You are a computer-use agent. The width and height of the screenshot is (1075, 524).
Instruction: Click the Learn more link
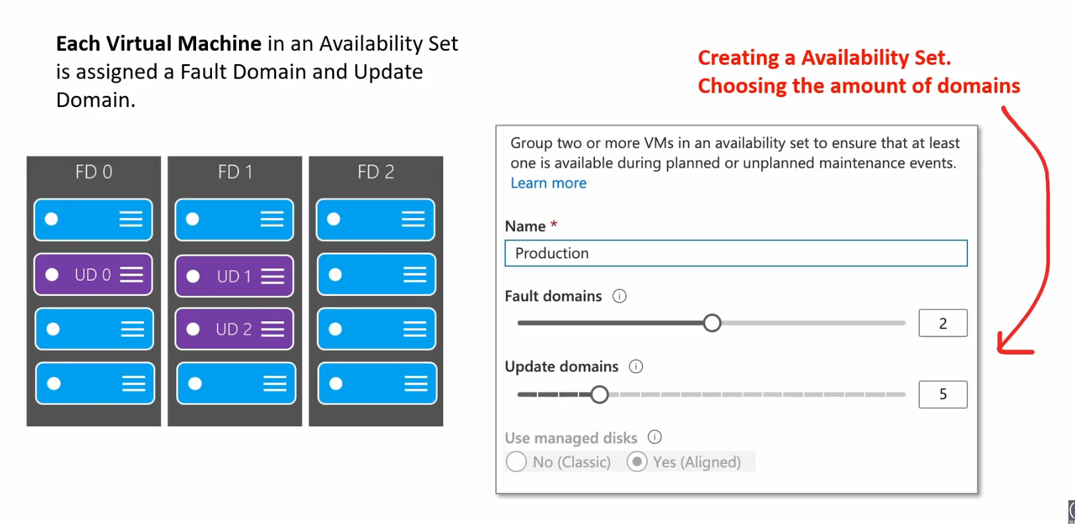(548, 183)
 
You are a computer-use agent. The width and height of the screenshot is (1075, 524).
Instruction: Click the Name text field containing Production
(736, 253)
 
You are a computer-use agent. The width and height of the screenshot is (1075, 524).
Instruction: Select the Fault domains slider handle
(712, 322)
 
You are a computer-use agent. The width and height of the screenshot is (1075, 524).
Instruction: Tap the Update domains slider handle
(599, 394)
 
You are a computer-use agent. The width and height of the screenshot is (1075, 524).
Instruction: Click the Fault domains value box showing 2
(942, 323)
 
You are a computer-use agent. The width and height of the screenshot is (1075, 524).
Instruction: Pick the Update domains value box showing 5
(942, 394)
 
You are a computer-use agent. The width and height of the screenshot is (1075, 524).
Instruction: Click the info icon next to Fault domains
(619, 296)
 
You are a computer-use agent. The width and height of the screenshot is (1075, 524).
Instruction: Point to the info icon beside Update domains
(636, 367)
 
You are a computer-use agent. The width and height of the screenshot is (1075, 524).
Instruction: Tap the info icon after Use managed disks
(654, 437)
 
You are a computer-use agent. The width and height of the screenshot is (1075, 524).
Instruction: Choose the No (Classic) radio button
(516, 462)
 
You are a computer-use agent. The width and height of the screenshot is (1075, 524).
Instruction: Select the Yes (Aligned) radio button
(637, 462)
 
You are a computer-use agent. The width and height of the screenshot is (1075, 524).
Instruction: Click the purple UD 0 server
(93, 275)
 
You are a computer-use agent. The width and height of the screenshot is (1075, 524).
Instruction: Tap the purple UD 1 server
(234, 276)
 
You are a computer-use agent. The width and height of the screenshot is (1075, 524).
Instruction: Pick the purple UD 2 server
(234, 329)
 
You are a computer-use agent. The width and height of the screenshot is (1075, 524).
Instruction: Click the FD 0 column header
(94, 172)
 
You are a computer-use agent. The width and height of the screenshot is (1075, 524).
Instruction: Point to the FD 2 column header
(376, 172)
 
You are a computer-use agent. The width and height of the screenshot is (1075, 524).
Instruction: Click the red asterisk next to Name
(554, 224)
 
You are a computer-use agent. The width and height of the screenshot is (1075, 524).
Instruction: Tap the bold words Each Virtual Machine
(159, 44)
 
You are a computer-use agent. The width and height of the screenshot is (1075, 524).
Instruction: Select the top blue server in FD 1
(234, 219)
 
